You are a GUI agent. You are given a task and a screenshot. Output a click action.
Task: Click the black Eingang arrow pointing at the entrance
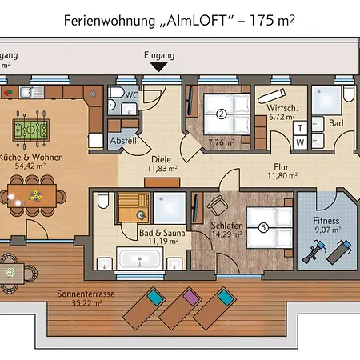pyautogui.click(x=159, y=67)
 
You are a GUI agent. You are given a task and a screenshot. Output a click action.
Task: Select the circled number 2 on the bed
pyautogui.click(x=221, y=114)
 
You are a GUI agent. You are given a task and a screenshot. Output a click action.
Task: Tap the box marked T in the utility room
pyautogui.click(x=300, y=128)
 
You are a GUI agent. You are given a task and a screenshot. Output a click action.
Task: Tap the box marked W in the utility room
pyautogui.click(x=300, y=142)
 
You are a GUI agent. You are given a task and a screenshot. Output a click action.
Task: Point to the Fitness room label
pyautogui.click(x=326, y=221)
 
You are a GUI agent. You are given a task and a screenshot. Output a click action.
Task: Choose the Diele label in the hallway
pyautogui.click(x=160, y=158)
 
